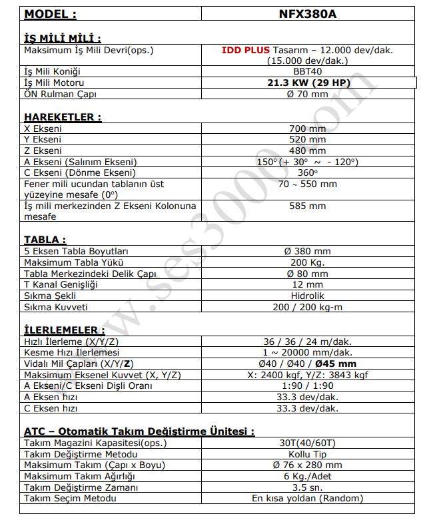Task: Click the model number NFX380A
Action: click(x=307, y=14)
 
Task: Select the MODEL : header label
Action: click(x=51, y=14)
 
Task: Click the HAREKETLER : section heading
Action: click(x=63, y=117)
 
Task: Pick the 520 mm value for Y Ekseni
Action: click(x=307, y=140)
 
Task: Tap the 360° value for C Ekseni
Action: click(x=307, y=172)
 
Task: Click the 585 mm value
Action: click(x=307, y=206)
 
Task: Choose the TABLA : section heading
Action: click(x=45, y=240)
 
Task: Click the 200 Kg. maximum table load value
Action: click(x=307, y=262)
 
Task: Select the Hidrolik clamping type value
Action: click(x=307, y=296)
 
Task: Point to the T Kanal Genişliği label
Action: click(x=61, y=284)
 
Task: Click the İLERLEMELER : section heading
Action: click(x=64, y=330)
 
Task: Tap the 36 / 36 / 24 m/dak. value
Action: click(x=307, y=342)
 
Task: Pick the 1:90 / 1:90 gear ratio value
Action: click(x=307, y=386)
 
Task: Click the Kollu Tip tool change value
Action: click(x=307, y=454)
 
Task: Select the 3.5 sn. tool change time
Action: click(x=307, y=487)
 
